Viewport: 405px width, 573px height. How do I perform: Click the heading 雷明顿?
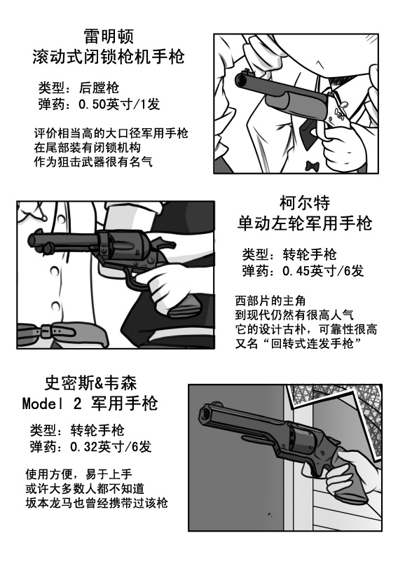coord(109,36)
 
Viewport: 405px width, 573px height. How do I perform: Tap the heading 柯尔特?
coord(305,203)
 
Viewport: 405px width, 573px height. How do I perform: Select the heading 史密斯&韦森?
coord(90,383)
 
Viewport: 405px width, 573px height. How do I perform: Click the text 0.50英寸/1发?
coord(119,104)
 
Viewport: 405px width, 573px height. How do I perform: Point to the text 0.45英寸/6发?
coord(323,271)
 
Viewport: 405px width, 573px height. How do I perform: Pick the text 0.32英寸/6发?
coord(111,446)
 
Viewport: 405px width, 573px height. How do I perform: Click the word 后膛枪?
coord(99,88)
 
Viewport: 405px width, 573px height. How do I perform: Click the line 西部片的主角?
coord(270,301)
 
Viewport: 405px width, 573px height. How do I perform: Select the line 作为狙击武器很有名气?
coord(93,162)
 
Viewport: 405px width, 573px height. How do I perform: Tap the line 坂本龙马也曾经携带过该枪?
coord(97,503)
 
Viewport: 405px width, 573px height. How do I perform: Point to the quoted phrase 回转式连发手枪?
coord(313,343)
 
